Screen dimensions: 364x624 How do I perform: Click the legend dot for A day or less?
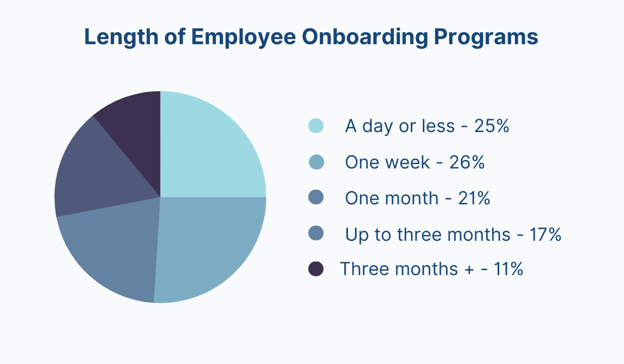coord(316,126)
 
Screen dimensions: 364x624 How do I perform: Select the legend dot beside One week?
coord(316,162)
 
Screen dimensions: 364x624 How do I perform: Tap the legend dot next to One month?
coord(316,198)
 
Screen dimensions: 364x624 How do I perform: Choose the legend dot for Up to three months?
coord(316,233)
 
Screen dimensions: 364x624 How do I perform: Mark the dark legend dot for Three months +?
coord(316,269)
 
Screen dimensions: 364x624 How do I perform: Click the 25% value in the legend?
coord(491,126)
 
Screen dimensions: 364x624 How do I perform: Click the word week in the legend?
coord(407,162)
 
